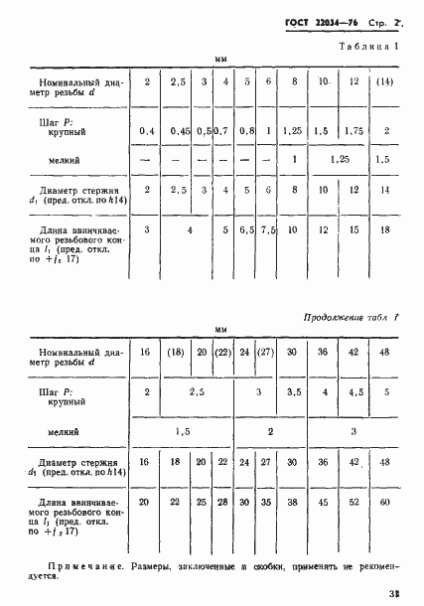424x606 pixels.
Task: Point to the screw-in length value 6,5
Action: (x=247, y=229)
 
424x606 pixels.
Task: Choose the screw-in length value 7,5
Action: (x=268, y=229)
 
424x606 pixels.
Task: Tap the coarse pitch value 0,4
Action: (x=147, y=131)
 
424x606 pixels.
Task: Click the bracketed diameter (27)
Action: (x=265, y=351)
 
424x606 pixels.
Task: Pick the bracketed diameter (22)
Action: (x=223, y=351)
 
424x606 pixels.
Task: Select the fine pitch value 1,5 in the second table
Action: (x=182, y=432)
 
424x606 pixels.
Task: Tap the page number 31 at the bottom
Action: (x=394, y=593)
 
